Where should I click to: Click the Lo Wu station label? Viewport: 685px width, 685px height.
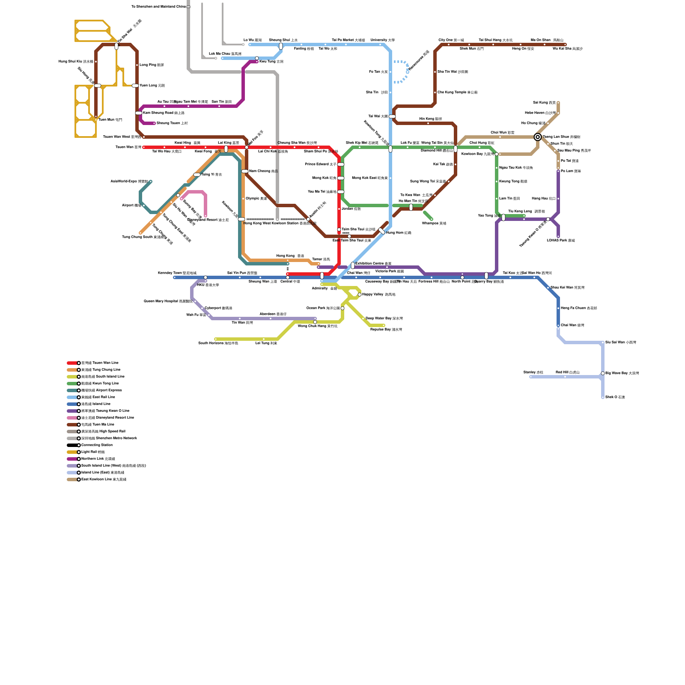coord(252,40)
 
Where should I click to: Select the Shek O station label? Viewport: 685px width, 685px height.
coord(615,397)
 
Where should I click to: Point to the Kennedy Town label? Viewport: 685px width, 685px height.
coord(177,273)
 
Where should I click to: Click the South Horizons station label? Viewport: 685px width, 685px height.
coord(218,343)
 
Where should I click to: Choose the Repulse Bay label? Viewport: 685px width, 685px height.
coord(386,330)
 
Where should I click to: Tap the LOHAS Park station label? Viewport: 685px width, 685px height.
coord(560,241)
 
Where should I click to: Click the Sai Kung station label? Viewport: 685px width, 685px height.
coord(544,103)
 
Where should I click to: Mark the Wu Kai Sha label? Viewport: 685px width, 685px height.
coord(567,49)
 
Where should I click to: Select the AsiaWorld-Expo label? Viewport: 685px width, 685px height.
coord(129,182)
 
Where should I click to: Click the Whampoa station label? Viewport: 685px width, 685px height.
coord(434,223)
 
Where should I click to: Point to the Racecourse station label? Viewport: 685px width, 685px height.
coord(419,60)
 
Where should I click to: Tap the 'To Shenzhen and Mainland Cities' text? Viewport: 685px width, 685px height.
coord(158,7)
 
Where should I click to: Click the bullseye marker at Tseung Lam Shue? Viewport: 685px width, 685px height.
coord(538,137)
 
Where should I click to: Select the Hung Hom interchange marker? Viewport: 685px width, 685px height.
coord(382,231)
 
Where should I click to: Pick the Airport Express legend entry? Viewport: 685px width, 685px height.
coord(101,390)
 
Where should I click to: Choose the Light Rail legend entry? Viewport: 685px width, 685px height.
coord(93,452)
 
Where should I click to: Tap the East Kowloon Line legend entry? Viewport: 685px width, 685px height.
coord(104,479)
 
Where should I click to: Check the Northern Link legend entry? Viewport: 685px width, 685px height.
coord(98,459)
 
